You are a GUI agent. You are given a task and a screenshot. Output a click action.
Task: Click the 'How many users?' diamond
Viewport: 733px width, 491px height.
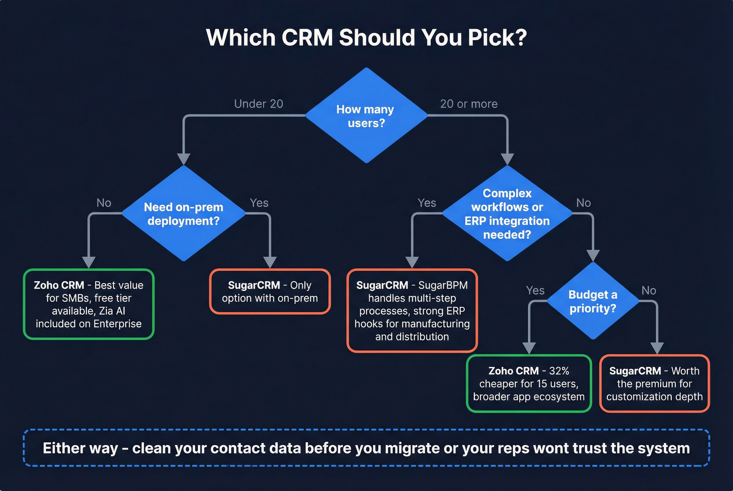pos(366,116)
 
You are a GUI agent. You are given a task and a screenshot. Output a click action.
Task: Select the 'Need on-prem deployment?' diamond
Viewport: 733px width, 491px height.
pos(183,213)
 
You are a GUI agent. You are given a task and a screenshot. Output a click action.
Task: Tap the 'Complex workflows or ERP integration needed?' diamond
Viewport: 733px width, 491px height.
pos(507,213)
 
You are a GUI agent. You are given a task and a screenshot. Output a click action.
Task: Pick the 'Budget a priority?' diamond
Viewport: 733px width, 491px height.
pos(593,301)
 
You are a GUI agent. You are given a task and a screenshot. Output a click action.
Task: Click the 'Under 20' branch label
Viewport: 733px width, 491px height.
pos(258,104)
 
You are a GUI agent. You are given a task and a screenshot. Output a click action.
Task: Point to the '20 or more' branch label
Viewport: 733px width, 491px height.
pos(469,104)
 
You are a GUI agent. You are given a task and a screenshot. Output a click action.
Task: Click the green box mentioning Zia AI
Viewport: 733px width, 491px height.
pos(88,304)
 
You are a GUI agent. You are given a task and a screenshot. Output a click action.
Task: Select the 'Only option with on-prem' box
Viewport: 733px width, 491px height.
pos(270,291)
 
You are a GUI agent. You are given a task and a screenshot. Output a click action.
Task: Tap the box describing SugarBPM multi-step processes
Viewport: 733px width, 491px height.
pos(412,311)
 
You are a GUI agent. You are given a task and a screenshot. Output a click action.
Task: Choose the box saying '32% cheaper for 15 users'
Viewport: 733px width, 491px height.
pos(529,383)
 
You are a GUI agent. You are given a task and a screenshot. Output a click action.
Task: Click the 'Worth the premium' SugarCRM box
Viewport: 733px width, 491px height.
pos(654,383)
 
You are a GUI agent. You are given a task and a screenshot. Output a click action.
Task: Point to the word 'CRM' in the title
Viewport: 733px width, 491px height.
pos(307,38)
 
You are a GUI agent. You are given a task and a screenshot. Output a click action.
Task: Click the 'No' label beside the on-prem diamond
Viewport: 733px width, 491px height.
pos(104,203)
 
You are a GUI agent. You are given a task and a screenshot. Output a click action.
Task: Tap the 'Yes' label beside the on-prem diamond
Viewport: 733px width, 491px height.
pos(259,203)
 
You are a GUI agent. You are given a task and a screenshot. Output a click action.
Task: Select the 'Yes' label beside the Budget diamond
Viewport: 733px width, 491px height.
pos(535,290)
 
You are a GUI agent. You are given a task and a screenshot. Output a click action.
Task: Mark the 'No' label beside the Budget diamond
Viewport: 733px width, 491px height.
pos(649,290)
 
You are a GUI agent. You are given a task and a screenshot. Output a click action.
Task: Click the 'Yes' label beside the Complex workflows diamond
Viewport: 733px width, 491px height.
pos(427,203)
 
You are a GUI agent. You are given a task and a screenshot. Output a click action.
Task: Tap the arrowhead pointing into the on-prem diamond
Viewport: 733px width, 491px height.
pos(183,158)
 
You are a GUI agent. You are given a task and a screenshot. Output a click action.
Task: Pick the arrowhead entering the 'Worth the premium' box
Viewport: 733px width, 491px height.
pos(657,348)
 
